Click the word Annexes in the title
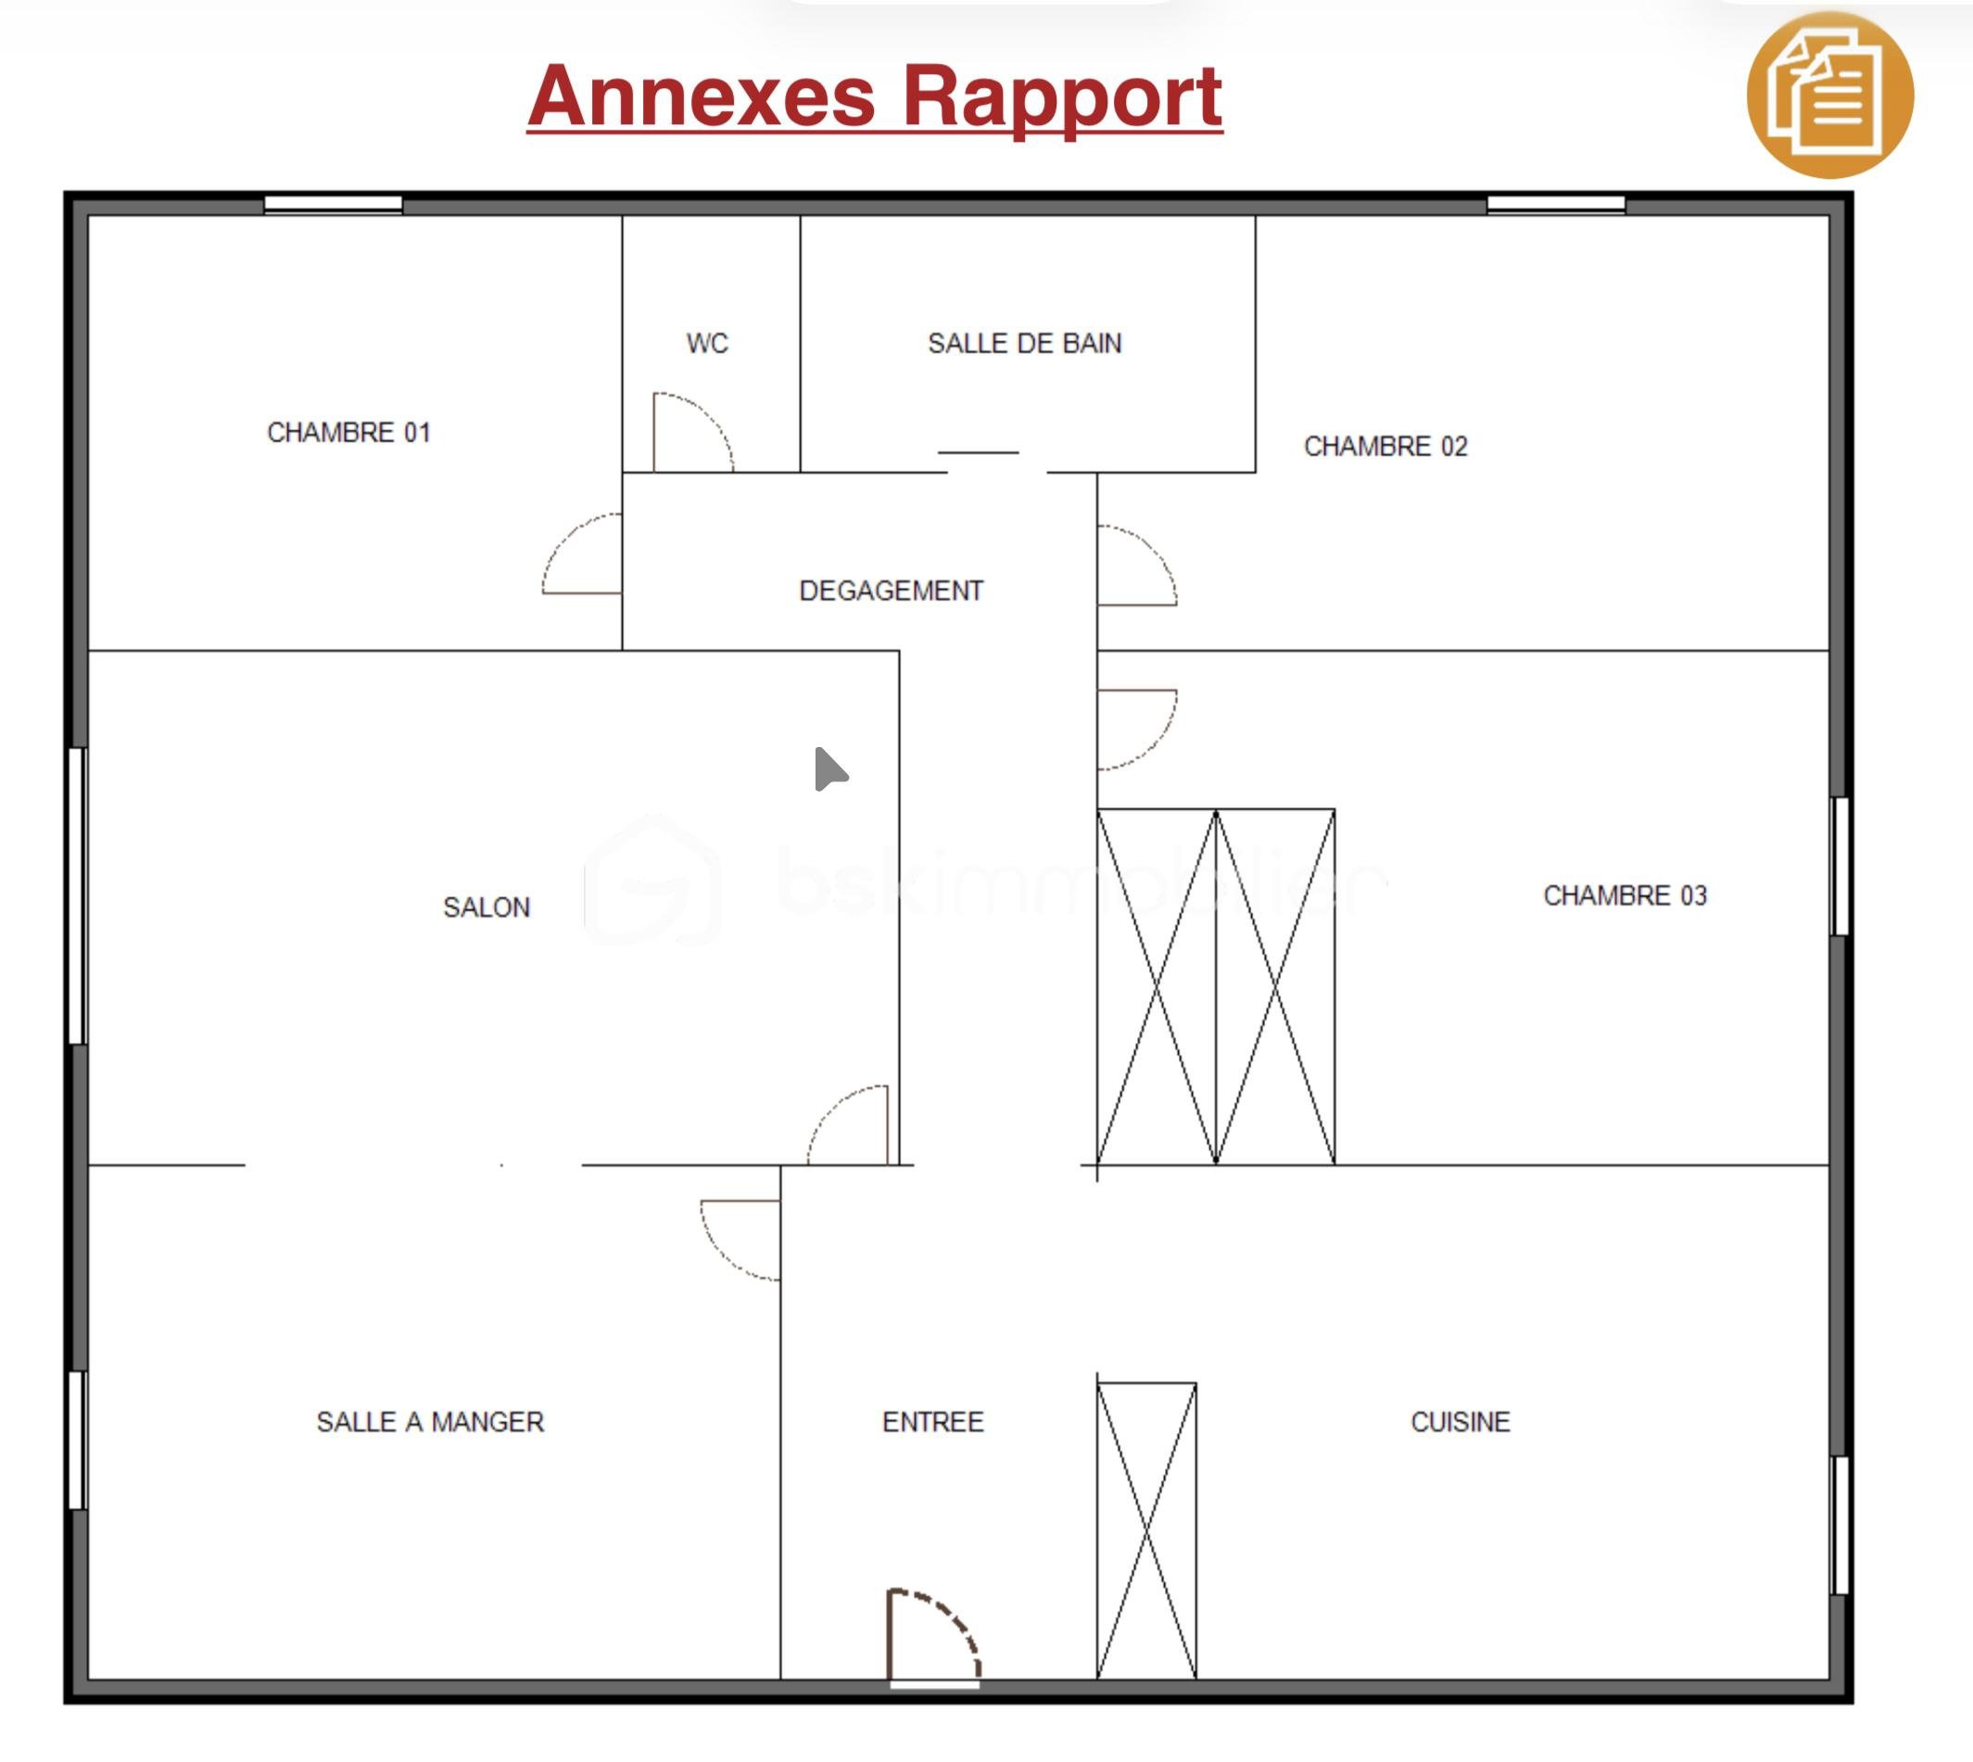[702, 95]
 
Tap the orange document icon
[1829, 95]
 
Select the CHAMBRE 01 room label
[348, 432]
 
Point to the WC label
[707, 343]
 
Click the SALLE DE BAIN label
[1024, 343]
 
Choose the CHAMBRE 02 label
[1385, 447]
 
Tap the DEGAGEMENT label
[891, 590]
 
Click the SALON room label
[486, 907]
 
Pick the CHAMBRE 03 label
[1625, 895]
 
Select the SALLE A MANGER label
[430, 1421]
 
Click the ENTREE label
[932, 1421]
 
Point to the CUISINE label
[1460, 1421]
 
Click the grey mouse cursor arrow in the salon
[828, 769]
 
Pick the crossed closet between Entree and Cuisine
[1146, 1530]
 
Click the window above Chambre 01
[333, 203]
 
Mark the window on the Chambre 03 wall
[1840, 867]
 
